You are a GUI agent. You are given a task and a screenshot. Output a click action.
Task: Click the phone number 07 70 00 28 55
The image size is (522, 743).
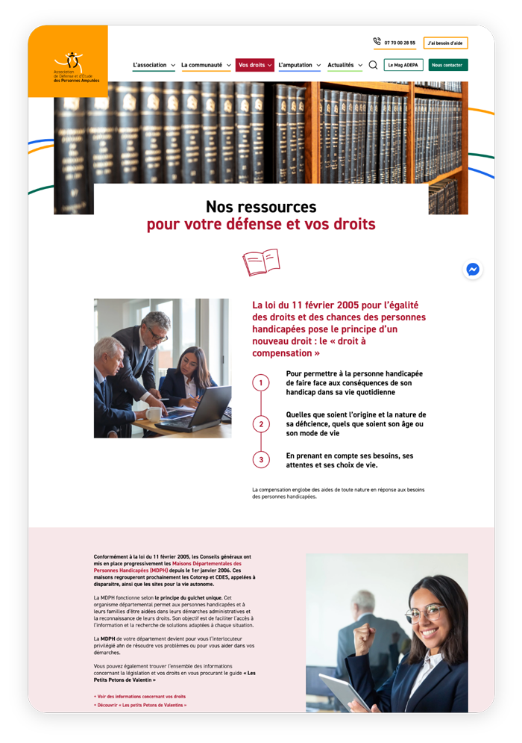click(400, 43)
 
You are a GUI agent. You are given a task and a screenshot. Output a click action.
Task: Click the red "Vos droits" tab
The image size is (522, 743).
click(254, 65)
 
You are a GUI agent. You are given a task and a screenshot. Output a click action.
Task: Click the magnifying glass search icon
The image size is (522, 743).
click(374, 65)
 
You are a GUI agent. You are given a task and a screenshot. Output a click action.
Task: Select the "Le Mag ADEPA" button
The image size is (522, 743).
click(403, 65)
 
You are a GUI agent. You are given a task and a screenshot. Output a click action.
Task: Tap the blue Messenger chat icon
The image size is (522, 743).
click(473, 270)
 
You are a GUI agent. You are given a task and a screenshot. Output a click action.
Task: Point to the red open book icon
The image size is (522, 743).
click(261, 263)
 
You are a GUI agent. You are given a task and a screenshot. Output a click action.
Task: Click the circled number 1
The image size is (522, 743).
click(261, 383)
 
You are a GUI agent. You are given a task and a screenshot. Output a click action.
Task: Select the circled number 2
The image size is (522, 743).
click(261, 424)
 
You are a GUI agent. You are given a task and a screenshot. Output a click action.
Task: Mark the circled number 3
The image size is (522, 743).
click(261, 460)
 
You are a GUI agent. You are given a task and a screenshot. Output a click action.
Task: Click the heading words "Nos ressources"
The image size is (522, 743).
click(261, 207)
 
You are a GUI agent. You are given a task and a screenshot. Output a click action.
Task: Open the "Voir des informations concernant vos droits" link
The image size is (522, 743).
click(140, 696)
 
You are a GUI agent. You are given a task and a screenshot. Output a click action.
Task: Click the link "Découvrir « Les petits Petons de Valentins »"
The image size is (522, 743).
click(140, 705)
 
